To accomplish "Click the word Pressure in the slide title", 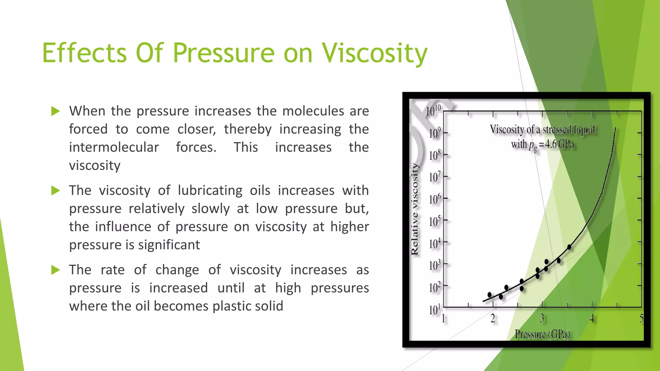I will pos(224,53).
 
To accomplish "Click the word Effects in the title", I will pos(84,53).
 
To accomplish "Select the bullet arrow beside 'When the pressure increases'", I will pos(56,111).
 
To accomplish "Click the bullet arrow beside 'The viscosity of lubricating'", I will pos(56,191).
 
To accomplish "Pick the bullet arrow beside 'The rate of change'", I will pos(56,270).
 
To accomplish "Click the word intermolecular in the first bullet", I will pos(114,147).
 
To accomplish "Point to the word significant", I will pos(169,245).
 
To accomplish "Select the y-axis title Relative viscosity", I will pos(414,209).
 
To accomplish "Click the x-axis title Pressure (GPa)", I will pos(542,334).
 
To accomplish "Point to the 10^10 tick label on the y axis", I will pos(433,111).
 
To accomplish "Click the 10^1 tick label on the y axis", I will pos(434,310).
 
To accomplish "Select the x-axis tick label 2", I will pos(493,319).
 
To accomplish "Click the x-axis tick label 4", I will pos(592,319).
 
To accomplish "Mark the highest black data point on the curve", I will pos(569,247).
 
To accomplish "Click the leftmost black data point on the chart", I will pos(490,295).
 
